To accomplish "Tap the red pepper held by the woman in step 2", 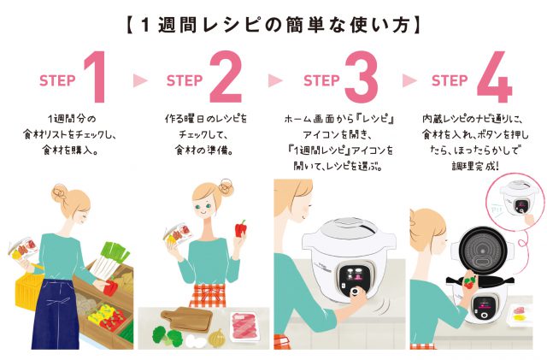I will pyautogui.click(x=243, y=230).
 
